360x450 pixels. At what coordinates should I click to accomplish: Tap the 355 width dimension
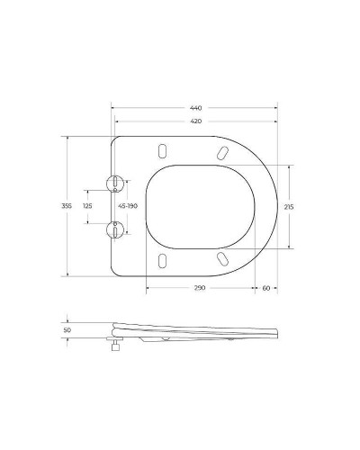tap(66, 206)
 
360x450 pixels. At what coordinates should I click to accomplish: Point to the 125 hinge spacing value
tap(87, 206)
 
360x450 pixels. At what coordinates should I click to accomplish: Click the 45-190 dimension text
tap(128, 206)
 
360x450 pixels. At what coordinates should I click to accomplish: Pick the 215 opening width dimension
tap(289, 206)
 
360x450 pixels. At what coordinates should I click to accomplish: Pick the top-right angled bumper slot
tap(220, 153)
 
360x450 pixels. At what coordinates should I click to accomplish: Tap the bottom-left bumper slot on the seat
tap(163, 261)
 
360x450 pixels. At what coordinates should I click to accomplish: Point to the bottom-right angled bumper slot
tap(220, 259)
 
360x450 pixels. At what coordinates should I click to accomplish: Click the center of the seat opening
tap(189, 206)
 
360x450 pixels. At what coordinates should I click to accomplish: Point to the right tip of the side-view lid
tap(275, 336)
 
